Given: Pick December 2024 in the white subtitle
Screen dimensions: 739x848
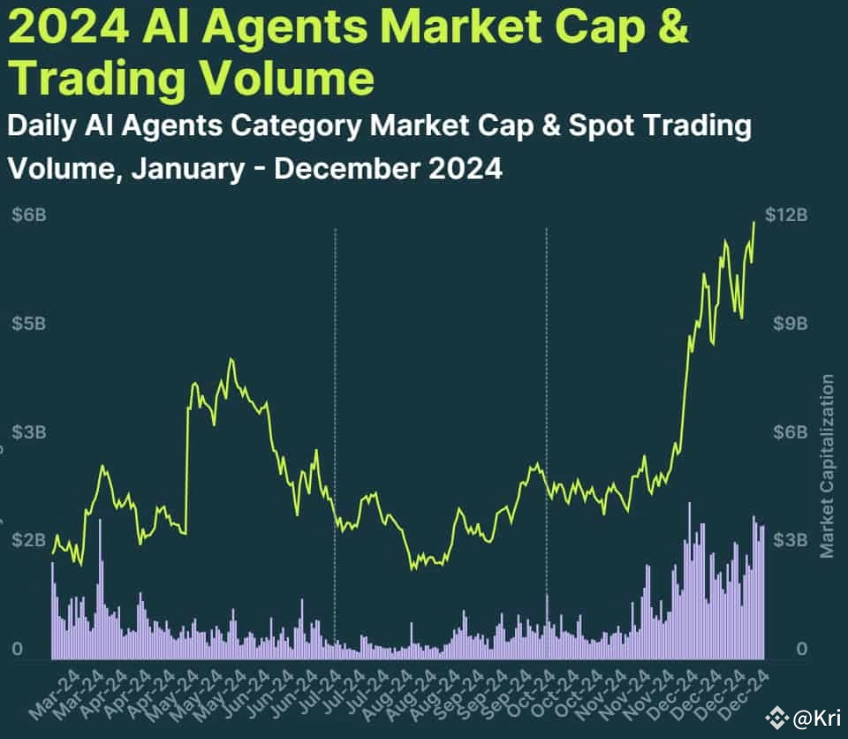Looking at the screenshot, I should coord(389,167).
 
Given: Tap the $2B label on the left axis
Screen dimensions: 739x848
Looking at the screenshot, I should coord(28,540).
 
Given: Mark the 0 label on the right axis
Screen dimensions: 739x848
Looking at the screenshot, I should coord(802,650).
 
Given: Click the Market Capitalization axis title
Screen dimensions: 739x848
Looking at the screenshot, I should coord(827,467).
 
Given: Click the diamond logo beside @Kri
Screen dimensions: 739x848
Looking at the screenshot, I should coord(777,719).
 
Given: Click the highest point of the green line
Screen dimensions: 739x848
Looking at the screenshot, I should coord(754,222).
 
